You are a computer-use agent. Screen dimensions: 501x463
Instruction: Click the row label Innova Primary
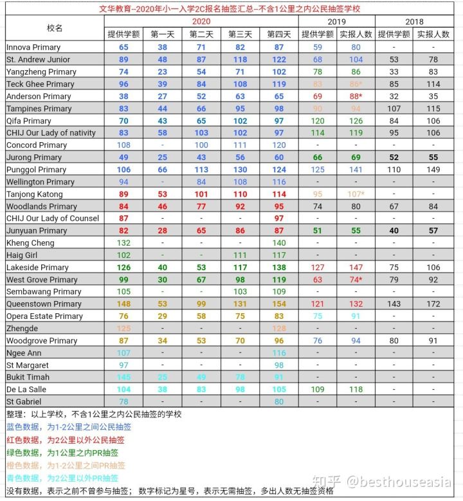[x=33, y=48]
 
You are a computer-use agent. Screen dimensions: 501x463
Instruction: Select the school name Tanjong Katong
[x=34, y=194]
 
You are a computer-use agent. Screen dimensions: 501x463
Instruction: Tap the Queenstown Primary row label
[x=44, y=304]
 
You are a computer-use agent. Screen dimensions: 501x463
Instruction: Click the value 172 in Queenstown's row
[x=433, y=304]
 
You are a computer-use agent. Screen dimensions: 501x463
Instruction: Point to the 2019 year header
[x=336, y=22]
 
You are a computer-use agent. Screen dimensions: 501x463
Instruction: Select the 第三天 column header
[x=240, y=34]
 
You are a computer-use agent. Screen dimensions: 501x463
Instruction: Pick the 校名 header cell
[x=55, y=28]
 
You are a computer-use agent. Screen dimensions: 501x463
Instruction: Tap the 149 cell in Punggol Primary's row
[x=433, y=170]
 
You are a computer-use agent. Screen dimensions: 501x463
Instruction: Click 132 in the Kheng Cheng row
[x=123, y=243]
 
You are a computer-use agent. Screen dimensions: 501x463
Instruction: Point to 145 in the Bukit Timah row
[x=123, y=378]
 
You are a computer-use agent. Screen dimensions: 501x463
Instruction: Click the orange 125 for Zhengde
[x=123, y=329]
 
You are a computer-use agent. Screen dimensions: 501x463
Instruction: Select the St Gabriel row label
[x=25, y=402]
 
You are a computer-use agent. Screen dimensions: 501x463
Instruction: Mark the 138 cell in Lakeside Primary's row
[x=278, y=268]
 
